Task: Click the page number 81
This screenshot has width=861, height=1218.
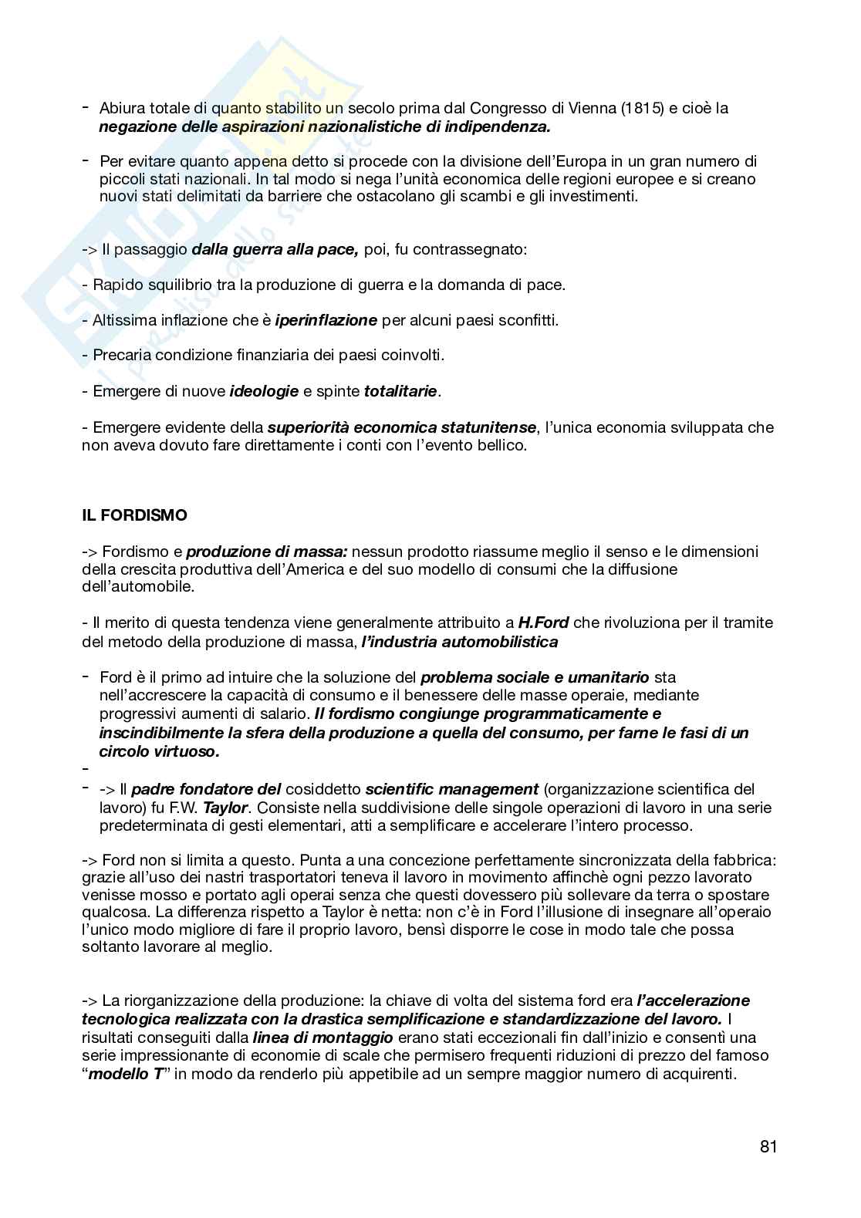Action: point(768,1146)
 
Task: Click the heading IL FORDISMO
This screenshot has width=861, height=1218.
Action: point(134,515)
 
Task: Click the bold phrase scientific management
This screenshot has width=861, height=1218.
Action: point(451,789)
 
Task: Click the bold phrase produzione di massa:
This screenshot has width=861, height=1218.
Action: point(267,552)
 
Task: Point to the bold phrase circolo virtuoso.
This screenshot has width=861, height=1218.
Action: point(160,751)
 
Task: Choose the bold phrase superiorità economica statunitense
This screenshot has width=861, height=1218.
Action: point(402,427)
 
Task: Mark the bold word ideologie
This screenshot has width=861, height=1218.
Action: point(264,391)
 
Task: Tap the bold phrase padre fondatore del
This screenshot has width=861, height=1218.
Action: point(206,789)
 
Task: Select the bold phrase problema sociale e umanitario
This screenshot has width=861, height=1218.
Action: point(535,677)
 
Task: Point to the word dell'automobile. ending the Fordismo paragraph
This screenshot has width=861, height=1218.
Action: point(138,587)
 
